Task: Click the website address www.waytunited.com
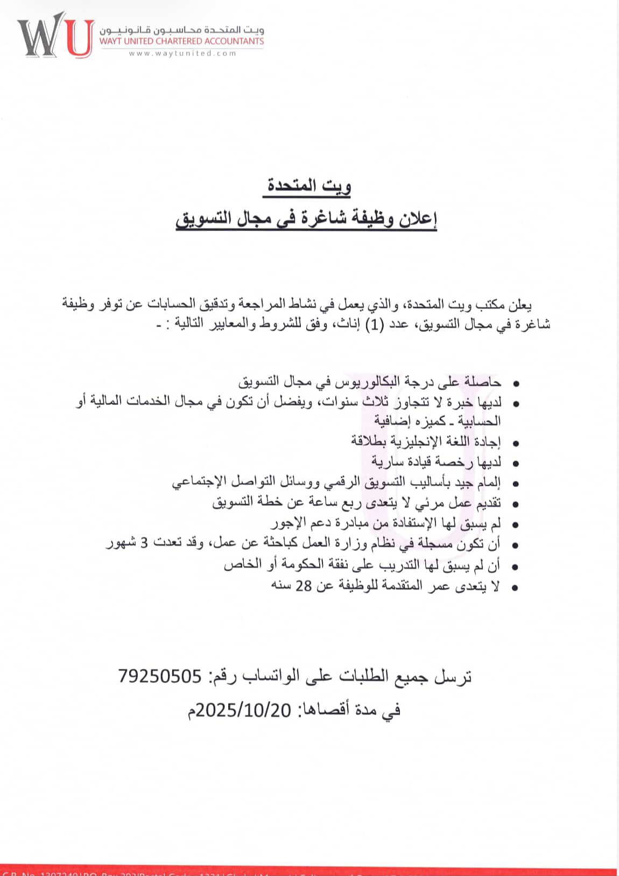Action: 182,53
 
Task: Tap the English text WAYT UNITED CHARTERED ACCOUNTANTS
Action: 181,41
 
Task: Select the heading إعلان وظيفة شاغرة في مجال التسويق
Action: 306,220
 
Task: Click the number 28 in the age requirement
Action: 303,586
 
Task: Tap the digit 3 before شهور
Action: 144,545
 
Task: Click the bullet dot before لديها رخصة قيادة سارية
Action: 516,463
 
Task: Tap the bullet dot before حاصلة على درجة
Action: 516,384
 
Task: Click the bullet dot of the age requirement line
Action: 516,587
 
